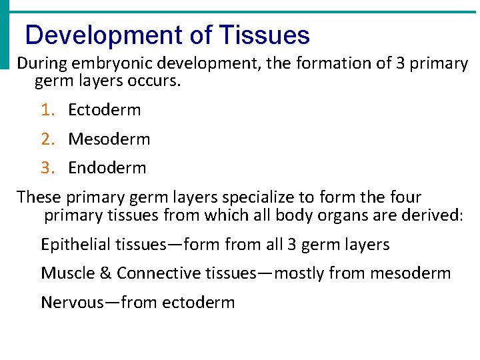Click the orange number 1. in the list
tap(47, 110)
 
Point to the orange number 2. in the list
tap(47, 139)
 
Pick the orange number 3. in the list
tap(47, 168)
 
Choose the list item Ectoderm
tap(105, 110)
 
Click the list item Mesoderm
tap(109, 139)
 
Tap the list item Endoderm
tap(107, 168)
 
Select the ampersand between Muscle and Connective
tap(107, 273)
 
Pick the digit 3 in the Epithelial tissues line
tap(291, 245)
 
